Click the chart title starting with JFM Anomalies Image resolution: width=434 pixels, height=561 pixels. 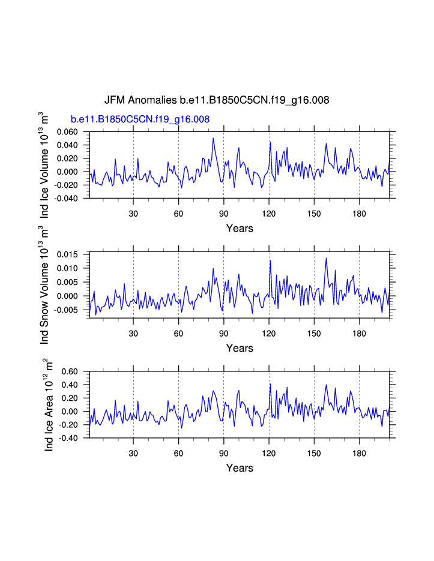pyautogui.click(x=217, y=100)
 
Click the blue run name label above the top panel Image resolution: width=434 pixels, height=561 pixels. pyautogui.click(x=140, y=119)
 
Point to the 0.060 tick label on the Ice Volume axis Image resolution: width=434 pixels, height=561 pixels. pyautogui.click(x=67, y=132)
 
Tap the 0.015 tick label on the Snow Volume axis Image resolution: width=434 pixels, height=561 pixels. pyautogui.click(x=67, y=254)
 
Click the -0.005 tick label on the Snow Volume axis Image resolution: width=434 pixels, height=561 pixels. pyautogui.click(x=65, y=310)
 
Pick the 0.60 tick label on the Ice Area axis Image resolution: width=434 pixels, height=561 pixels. pyautogui.click(x=70, y=372)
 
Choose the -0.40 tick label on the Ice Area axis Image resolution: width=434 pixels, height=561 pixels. pyautogui.click(x=68, y=438)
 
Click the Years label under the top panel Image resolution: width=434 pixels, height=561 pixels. pyautogui.click(x=240, y=228)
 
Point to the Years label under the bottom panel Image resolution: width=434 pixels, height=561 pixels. pyautogui.click(x=240, y=468)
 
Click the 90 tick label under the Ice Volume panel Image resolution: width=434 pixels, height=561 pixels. pyautogui.click(x=223, y=213)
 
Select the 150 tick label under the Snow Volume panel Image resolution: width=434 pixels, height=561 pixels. pyautogui.click(x=314, y=333)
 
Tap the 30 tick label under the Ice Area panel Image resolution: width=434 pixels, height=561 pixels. pyautogui.click(x=133, y=453)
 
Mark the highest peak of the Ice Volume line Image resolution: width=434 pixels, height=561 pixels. pyautogui.click(x=213, y=139)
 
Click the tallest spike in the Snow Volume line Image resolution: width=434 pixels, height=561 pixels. pyautogui.click(x=326, y=258)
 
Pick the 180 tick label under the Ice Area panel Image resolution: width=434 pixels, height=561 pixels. pyautogui.click(x=359, y=453)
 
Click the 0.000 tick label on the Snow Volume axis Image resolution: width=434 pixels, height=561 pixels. pyautogui.click(x=67, y=296)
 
